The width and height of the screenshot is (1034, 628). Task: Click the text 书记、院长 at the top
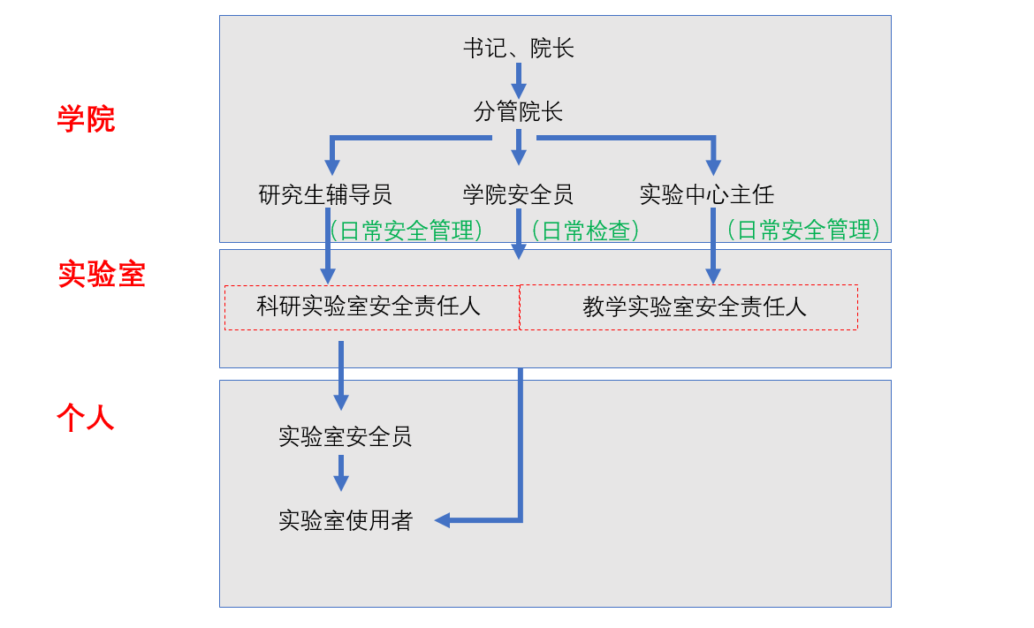pyautogui.click(x=519, y=49)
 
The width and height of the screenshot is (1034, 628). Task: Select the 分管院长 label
pyautogui.click(x=519, y=112)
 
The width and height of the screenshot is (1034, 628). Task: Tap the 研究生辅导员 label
pyautogui.click(x=325, y=194)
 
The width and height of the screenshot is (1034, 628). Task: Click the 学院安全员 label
pyautogui.click(x=519, y=194)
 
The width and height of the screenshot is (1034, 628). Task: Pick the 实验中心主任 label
pyautogui.click(x=707, y=194)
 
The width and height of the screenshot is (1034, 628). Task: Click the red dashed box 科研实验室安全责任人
pyautogui.click(x=371, y=307)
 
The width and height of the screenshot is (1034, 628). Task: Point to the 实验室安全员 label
pyautogui.click(x=345, y=436)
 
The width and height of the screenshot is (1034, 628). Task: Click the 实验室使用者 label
pyautogui.click(x=345, y=520)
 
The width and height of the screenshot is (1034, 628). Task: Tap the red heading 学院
pyautogui.click(x=86, y=119)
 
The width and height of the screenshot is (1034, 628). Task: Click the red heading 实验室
pyautogui.click(x=102, y=275)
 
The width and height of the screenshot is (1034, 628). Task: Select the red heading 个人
pyautogui.click(x=86, y=417)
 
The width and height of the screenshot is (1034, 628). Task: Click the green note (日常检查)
pyautogui.click(x=584, y=231)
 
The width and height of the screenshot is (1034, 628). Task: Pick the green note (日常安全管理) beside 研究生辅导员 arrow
pyautogui.click(x=407, y=231)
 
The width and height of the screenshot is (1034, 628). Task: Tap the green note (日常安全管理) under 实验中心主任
pyautogui.click(x=804, y=231)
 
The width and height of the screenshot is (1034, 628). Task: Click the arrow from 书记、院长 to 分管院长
pyautogui.click(x=519, y=79)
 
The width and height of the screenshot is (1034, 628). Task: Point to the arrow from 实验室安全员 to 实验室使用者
pyautogui.click(x=341, y=473)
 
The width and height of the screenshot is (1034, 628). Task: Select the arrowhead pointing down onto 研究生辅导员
pyautogui.click(x=332, y=167)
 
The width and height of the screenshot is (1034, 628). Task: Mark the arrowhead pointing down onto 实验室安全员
pyautogui.click(x=341, y=402)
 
